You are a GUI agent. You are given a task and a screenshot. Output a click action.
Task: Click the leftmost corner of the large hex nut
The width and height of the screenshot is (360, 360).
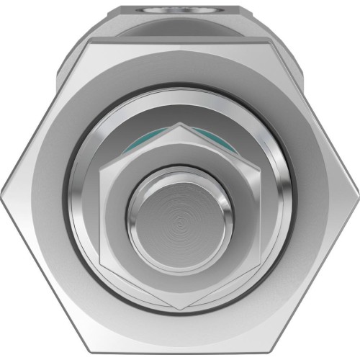[x=1, y=189]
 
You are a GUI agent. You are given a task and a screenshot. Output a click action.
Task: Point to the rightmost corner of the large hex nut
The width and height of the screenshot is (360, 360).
[x=358, y=189]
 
